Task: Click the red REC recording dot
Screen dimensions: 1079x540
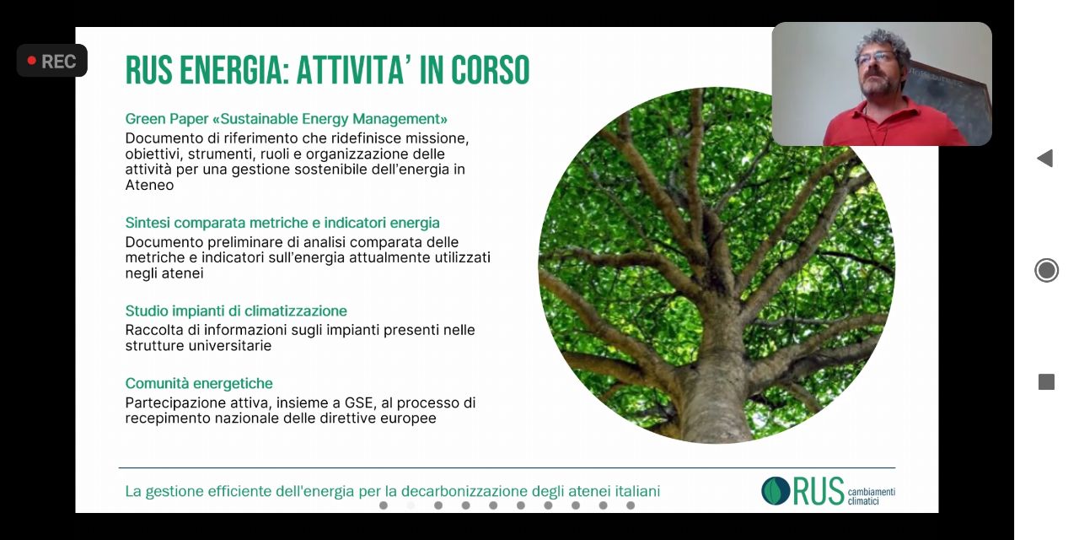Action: [32, 61]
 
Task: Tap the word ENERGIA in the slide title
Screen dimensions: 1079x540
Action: [231, 70]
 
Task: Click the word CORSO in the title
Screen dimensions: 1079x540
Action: [490, 70]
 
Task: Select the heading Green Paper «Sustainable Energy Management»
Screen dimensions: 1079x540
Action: [286, 119]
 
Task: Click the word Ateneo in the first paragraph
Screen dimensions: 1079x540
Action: [149, 185]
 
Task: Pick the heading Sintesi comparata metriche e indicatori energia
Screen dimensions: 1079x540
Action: [282, 223]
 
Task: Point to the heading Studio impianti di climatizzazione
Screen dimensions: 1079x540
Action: [236, 311]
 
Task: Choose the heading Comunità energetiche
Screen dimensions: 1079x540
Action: [199, 383]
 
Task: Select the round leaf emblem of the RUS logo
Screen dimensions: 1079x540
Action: [776, 491]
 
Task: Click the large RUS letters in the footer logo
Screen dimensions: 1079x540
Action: [819, 491]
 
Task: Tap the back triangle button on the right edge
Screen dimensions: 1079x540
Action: [1044, 158]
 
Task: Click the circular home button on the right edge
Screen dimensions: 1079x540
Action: [1046, 270]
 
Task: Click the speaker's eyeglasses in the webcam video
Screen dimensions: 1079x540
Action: [876, 58]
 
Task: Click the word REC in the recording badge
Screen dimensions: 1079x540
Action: [58, 62]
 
